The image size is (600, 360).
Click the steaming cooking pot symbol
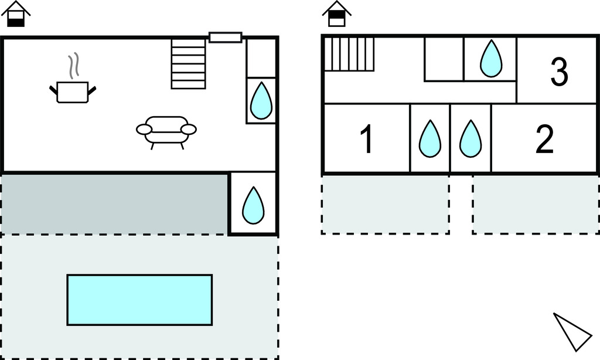73,89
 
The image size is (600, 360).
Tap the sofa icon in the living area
166,130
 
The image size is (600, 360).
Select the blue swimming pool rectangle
139,300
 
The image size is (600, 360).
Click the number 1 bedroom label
366,141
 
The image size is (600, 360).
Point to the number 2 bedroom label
544,140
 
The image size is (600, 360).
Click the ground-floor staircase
188,63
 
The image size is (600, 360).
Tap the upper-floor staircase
349,53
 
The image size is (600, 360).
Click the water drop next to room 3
490,59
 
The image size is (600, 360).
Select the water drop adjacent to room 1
429,139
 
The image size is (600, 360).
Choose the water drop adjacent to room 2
470,139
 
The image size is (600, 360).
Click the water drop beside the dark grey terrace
253,205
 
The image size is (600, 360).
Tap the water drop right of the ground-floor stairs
261,100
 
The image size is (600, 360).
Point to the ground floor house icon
16,15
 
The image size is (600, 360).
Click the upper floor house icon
337,15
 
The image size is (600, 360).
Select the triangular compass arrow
571,331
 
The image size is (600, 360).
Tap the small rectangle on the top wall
226,38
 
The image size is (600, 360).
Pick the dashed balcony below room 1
386,205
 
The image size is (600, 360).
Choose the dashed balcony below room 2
536,205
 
